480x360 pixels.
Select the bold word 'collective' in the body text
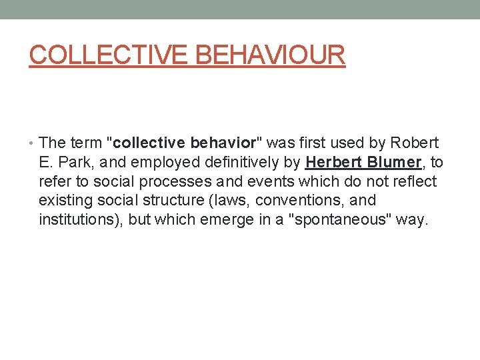coord(151,143)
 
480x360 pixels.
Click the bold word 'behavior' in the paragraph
coord(223,143)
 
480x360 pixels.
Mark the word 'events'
coord(273,182)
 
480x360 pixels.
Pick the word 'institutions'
coord(79,220)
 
